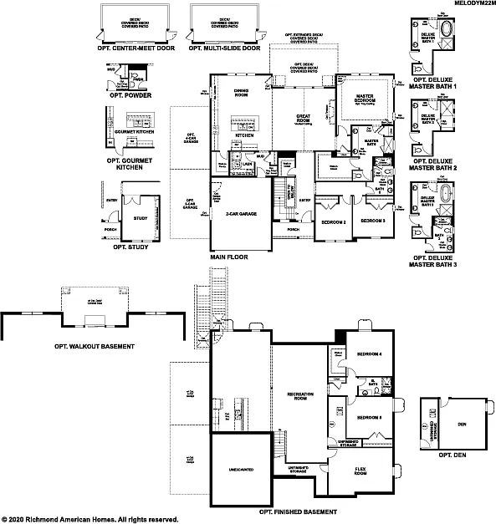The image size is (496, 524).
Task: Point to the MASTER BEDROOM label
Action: pyautogui.click(x=364, y=100)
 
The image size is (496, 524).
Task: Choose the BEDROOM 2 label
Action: pyautogui.click(x=334, y=221)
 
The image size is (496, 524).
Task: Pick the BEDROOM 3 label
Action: pyautogui.click(x=371, y=220)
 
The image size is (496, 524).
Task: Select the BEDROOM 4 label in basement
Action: pyautogui.click(x=368, y=354)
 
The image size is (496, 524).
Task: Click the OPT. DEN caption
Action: pyautogui.click(x=452, y=455)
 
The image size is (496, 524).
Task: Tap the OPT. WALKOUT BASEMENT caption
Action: pyautogui.click(x=94, y=345)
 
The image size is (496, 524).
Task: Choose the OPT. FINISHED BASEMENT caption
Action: pyautogui.click(x=299, y=511)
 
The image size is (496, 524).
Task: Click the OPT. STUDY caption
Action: pyautogui.click(x=125, y=247)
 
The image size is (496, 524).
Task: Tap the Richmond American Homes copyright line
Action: pyautogui.click(x=89, y=518)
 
